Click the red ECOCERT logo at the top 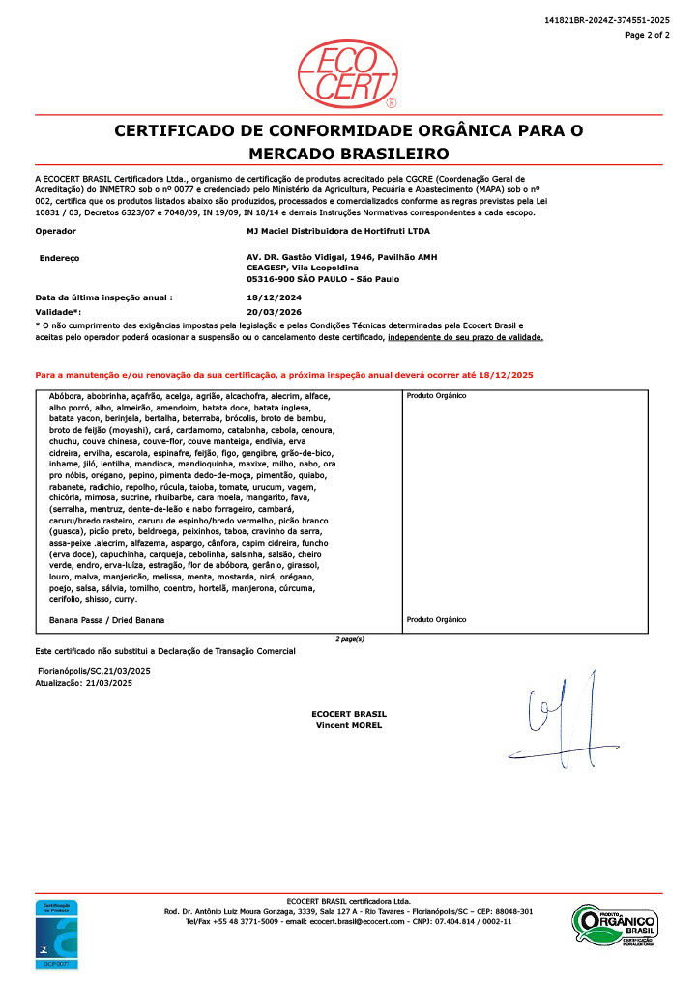348,72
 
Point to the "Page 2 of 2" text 647,35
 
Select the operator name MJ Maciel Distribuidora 338,232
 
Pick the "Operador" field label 56,232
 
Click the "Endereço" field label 59,258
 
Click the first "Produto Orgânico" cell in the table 436,396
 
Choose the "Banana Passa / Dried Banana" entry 106,619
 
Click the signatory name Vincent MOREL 349,725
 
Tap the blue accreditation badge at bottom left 57,934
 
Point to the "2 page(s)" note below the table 349,639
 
